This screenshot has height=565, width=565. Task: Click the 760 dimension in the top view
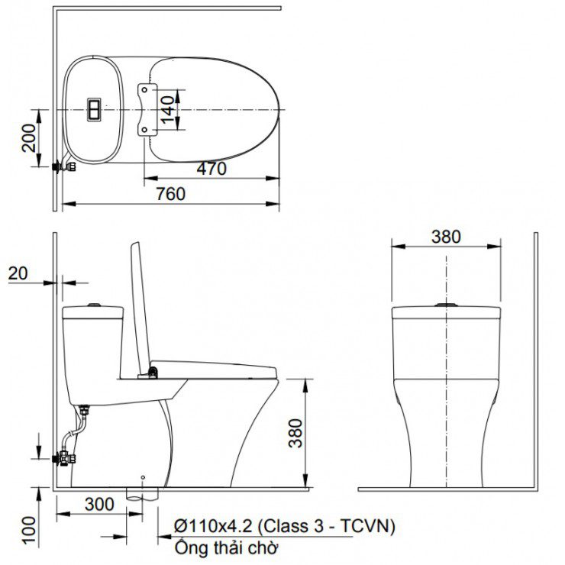tap(171, 194)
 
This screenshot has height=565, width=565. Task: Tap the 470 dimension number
tap(211, 169)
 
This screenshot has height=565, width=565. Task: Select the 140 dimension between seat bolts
tap(167, 109)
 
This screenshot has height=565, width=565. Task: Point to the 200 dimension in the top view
tap(29, 138)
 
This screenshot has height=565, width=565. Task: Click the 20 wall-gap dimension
tap(18, 273)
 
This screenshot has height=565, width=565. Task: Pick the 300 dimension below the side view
tap(99, 504)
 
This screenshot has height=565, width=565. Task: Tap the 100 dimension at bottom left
tap(29, 530)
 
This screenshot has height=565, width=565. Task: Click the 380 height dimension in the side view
tap(295, 433)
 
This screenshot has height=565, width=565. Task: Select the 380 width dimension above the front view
tap(446, 237)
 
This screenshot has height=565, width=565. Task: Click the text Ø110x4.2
tap(213, 527)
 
